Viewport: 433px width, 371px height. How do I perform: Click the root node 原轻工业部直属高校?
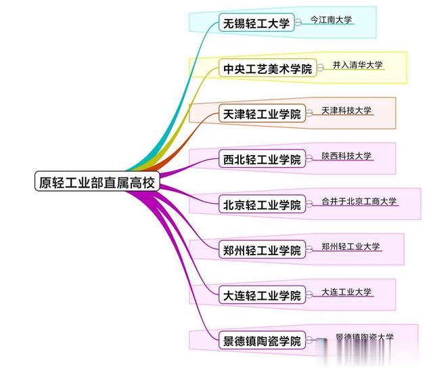point(97,182)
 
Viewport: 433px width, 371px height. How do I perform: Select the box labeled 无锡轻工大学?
point(256,24)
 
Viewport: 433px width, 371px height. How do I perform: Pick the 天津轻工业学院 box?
point(262,114)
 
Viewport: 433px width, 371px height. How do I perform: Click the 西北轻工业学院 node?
point(262,160)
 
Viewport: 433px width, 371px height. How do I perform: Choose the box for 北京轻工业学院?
point(262,205)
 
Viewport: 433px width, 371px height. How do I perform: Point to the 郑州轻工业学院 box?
point(262,250)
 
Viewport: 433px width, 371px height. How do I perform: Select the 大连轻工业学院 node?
point(262,296)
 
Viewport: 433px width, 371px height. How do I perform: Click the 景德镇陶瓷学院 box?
point(262,341)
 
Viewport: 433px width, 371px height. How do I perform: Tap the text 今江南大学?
point(332,20)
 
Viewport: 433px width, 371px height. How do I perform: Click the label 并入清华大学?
point(358,66)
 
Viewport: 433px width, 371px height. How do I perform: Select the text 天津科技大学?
point(346,110)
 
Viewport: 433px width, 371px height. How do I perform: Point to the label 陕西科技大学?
point(346,156)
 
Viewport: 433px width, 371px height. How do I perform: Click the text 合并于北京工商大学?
point(359,201)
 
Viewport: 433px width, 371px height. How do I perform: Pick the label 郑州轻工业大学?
point(350,246)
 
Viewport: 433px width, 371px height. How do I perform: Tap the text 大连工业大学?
point(346,292)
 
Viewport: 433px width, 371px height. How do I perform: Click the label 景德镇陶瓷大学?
point(364,337)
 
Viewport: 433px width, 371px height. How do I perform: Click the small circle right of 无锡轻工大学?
point(298,24)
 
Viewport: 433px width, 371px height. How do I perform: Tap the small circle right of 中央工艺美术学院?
point(320,69)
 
